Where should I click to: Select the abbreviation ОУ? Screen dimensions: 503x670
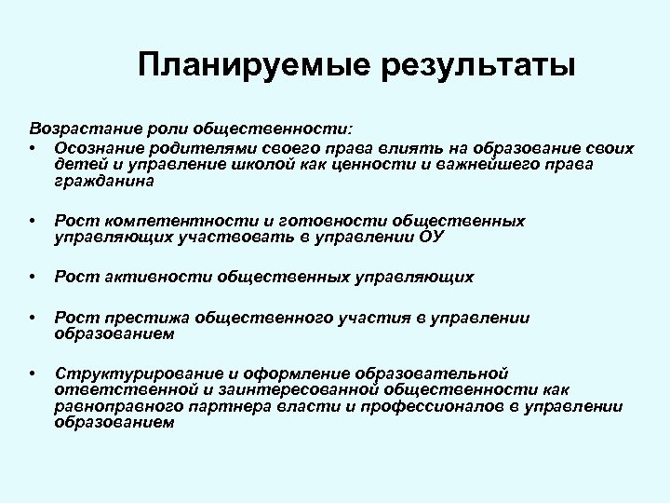click(x=432, y=238)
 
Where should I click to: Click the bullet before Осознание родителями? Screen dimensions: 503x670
click(x=33, y=148)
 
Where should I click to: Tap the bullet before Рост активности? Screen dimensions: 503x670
click(x=33, y=277)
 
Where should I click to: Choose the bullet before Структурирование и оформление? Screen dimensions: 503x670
click(x=33, y=373)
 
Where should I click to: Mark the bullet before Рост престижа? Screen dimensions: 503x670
click(x=33, y=318)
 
